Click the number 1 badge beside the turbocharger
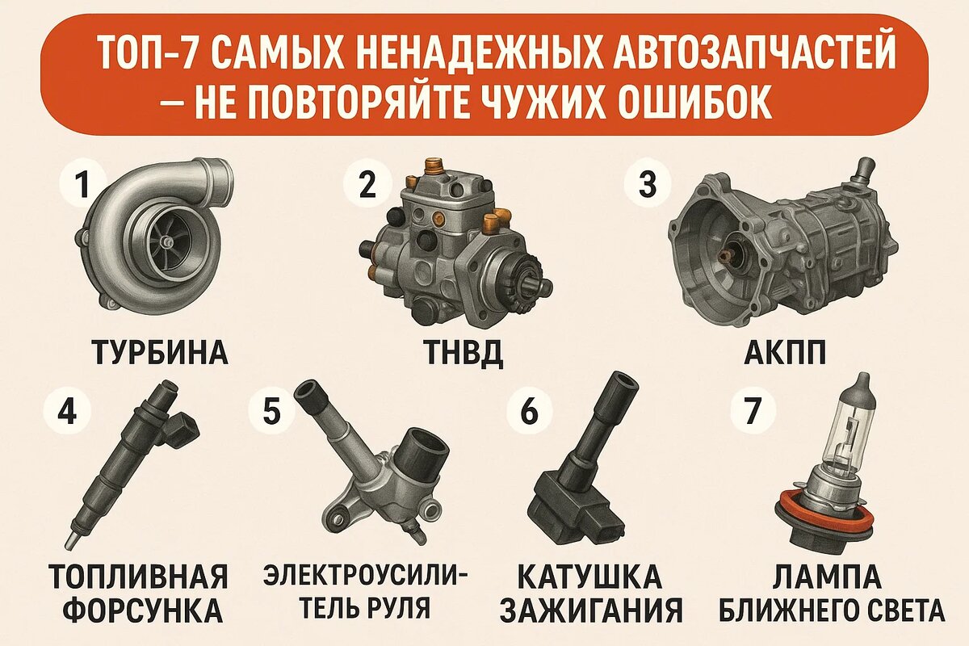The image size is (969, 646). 82,185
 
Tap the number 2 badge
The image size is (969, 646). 367,185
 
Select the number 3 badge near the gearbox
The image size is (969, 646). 648,183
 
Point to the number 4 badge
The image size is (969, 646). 67,411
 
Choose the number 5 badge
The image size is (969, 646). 271,411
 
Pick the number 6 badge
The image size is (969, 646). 530,411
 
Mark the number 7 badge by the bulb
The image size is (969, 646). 753,411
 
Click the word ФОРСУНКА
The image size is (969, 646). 143,610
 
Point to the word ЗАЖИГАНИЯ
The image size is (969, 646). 593,610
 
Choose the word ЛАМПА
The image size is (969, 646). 827,577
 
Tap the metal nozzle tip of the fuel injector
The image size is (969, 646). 71,540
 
